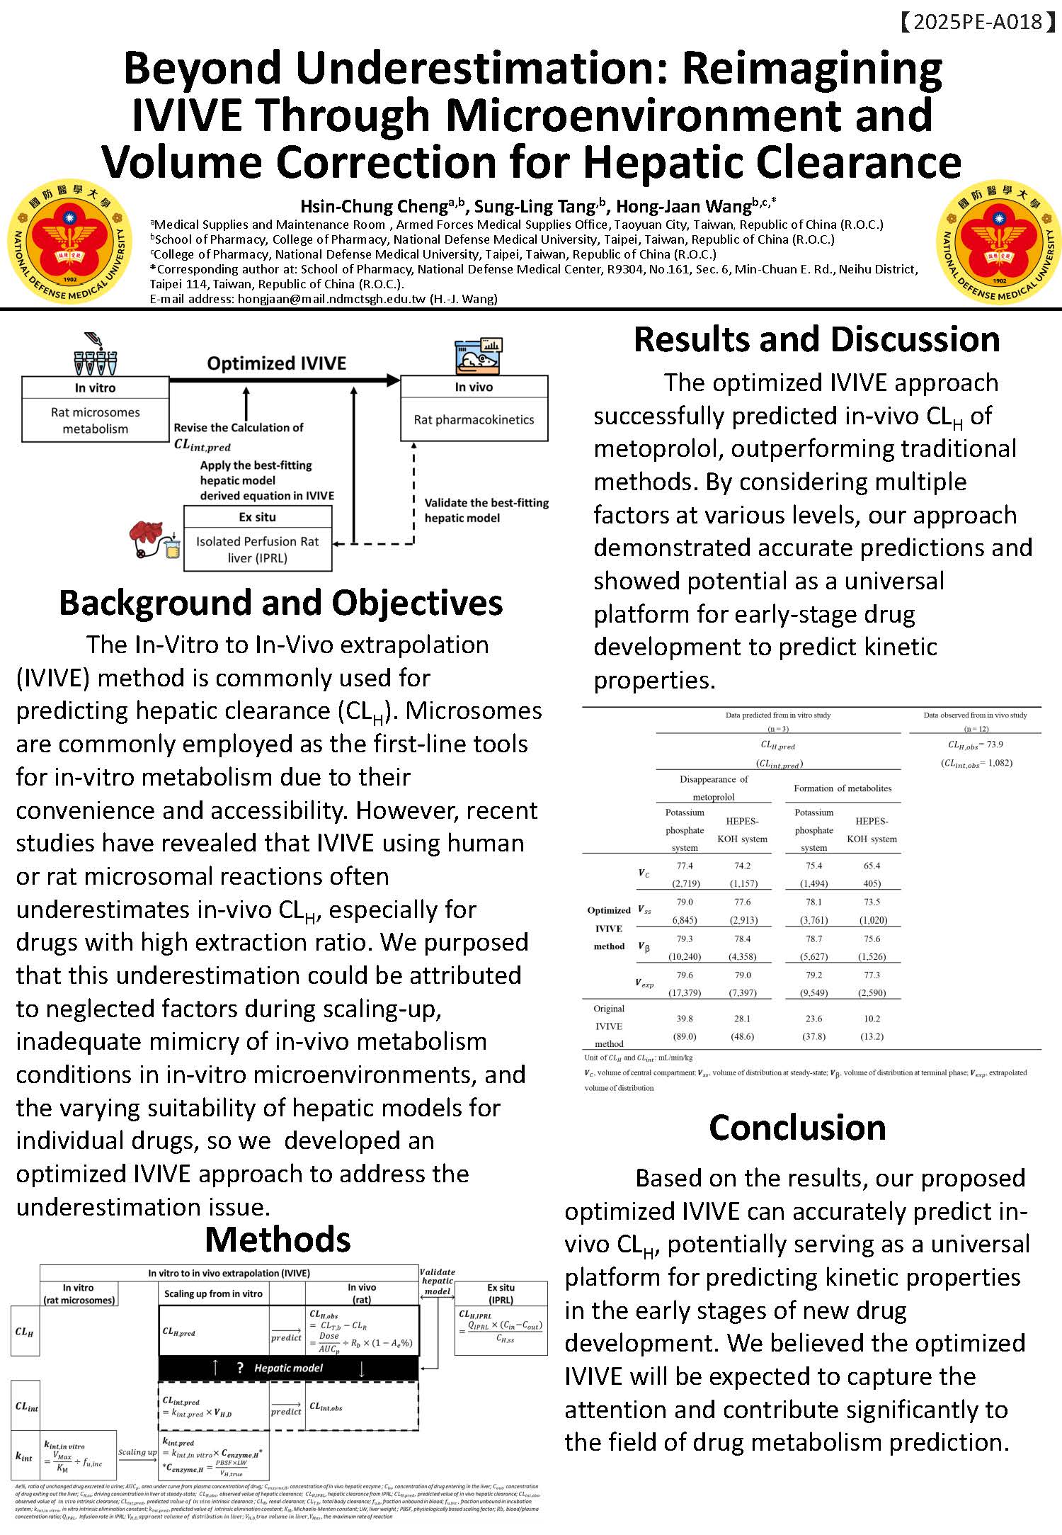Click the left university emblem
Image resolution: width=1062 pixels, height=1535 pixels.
[69, 240]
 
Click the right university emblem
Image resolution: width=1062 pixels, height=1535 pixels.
[999, 240]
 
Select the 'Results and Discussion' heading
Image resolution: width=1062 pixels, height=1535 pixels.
[816, 339]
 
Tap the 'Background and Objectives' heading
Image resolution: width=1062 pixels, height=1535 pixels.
[280, 603]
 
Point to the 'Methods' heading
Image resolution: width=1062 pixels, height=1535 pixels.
[278, 1240]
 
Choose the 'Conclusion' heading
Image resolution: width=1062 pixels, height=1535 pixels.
[797, 1128]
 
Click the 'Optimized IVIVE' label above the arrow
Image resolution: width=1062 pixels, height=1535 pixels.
[276, 363]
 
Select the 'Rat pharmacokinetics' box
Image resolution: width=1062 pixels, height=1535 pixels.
[474, 419]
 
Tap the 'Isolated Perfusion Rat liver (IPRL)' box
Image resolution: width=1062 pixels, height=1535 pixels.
[257, 550]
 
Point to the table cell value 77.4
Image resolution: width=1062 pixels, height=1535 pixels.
[685, 866]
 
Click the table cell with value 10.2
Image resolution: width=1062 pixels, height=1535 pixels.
[872, 1019]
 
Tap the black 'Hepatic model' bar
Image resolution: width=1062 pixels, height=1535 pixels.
[288, 1368]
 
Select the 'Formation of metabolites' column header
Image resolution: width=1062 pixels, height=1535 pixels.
[843, 788]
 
